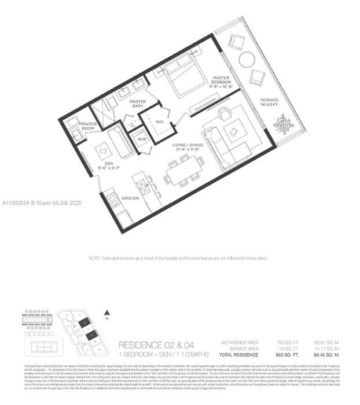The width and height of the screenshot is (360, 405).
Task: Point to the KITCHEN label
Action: (x=130, y=198)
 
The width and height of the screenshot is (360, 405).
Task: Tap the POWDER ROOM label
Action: (x=88, y=126)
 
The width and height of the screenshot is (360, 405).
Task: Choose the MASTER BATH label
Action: (x=138, y=105)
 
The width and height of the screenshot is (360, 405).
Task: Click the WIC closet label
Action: (x=160, y=122)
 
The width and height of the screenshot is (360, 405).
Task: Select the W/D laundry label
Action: (x=141, y=138)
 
